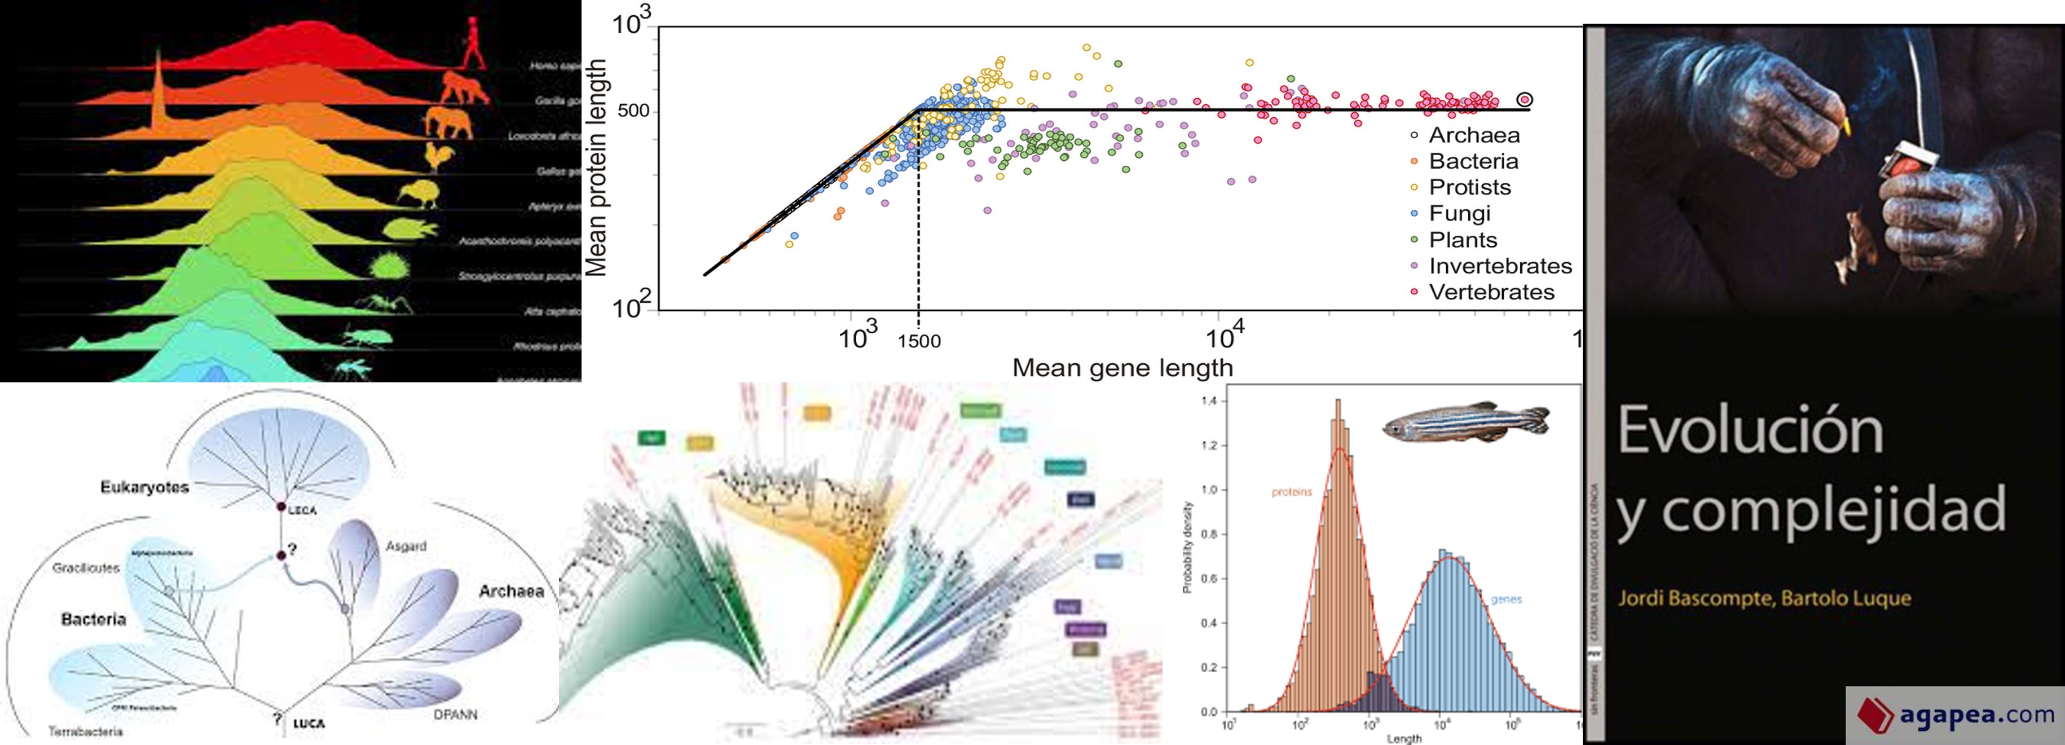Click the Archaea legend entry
(x=1473, y=135)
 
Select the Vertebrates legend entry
(x=1491, y=292)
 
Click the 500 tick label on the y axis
(x=633, y=111)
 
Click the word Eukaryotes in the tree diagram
(x=144, y=487)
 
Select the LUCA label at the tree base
(x=309, y=724)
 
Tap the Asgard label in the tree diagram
(x=406, y=546)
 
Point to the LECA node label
(x=302, y=510)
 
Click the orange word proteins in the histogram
(x=1292, y=492)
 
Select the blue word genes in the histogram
(x=1505, y=599)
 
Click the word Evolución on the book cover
(x=1750, y=431)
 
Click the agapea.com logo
(x=1956, y=715)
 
